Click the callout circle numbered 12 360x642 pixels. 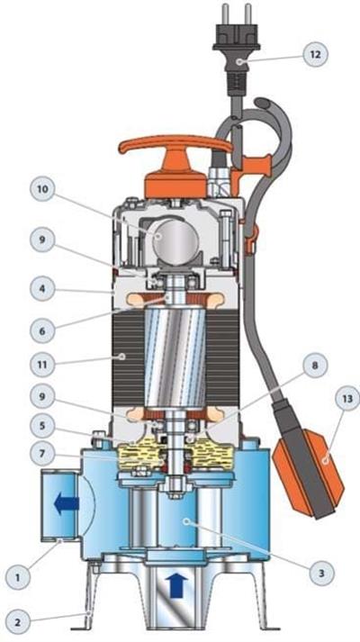pyautogui.click(x=315, y=54)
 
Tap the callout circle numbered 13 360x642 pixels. pyautogui.click(x=347, y=398)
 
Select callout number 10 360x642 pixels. pyautogui.click(x=42, y=189)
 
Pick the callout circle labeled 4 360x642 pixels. pyautogui.click(x=42, y=288)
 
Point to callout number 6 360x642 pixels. pyautogui.click(x=42, y=330)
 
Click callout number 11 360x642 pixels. pyautogui.click(x=42, y=364)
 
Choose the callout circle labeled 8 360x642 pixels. pyautogui.click(x=315, y=365)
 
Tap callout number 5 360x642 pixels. pyautogui.click(x=42, y=426)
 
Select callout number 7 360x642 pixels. pyautogui.click(x=42, y=454)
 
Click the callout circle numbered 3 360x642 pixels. pyautogui.click(x=321, y=573)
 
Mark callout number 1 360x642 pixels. pyautogui.click(x=17, y=577)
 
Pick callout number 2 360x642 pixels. pyautogui.click(x=17, y=622)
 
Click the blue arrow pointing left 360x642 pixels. pyautogui.click(x=67, y=503)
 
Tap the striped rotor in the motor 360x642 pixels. pyautogui.click(x=175, y=357)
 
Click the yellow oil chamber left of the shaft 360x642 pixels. pyautogui.click(x=139, y=455)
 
